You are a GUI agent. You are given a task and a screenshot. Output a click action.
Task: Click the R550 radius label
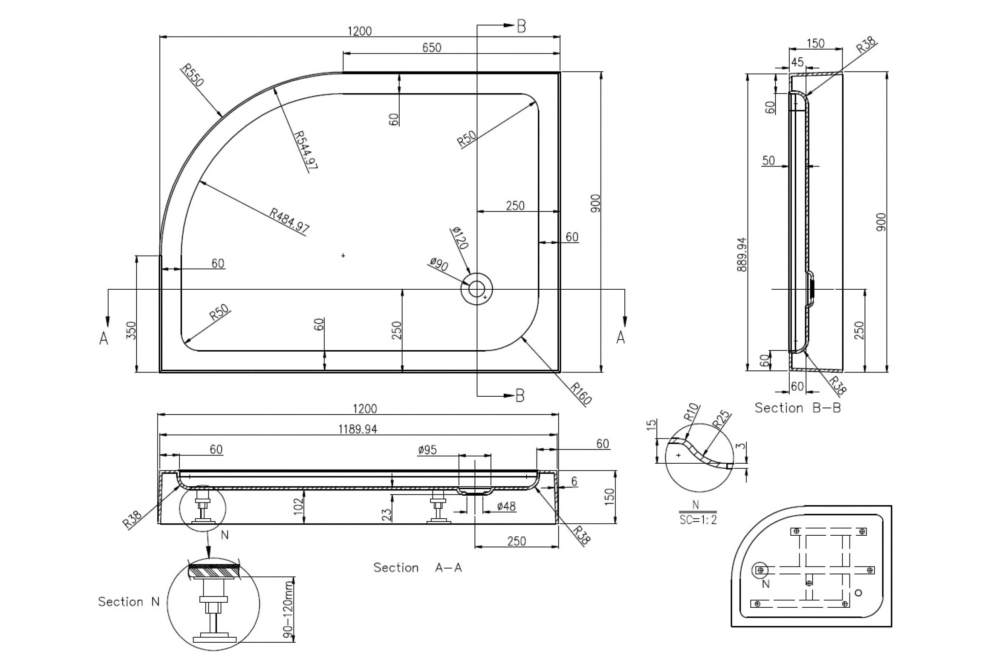point(193,75)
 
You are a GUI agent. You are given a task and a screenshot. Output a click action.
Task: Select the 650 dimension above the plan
point(432,47)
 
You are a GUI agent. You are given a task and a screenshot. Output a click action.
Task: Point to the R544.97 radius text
point(306,150)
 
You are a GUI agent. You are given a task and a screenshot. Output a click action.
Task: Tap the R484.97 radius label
point(290,220)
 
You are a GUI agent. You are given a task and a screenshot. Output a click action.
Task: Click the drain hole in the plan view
point(477,289)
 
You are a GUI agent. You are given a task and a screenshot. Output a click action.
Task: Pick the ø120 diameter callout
point(460,238)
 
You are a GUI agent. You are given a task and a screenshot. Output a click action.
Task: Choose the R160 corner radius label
point(581,393)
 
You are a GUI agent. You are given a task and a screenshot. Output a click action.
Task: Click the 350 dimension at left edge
point(132,331)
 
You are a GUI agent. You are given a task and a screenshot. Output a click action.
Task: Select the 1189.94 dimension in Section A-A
point(358,430)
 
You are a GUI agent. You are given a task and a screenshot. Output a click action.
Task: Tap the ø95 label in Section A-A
point(427,450)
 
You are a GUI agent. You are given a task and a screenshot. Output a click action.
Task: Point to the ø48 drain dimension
point(506,506)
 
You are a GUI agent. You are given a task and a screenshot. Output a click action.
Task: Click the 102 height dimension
point(298,506)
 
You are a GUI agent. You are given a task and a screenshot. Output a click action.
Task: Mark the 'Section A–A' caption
point(417,567)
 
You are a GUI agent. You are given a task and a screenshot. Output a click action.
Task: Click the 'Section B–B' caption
point(798,408)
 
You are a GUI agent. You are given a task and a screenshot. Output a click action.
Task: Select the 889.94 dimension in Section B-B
point(742,255)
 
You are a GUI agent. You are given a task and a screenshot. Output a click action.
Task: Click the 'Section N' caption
point(129,601)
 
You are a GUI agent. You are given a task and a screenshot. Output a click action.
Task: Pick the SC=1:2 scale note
point(698,520)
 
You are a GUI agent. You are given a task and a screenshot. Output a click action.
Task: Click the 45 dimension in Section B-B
point(797,62)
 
